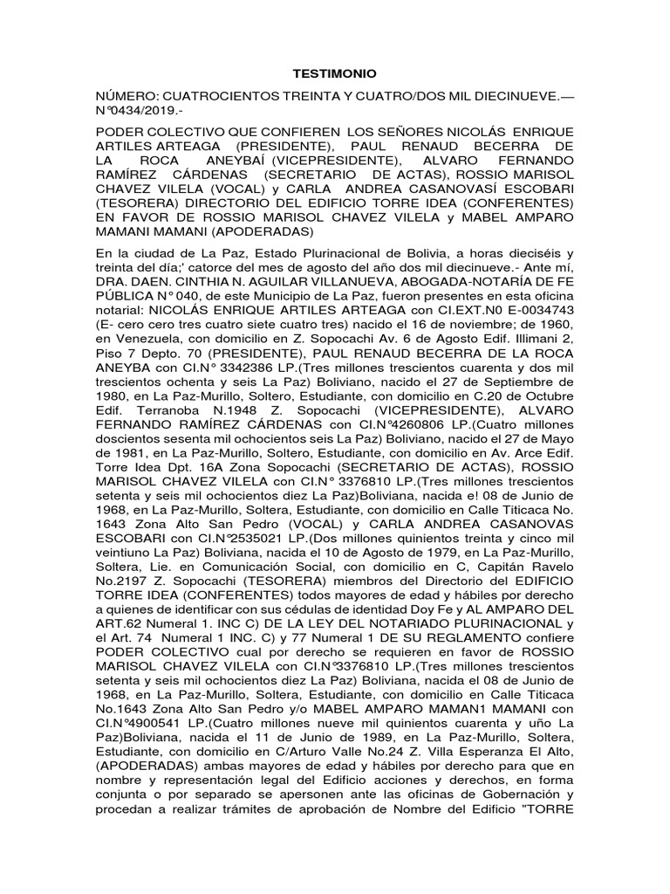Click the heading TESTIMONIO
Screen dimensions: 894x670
click(334, 76)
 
